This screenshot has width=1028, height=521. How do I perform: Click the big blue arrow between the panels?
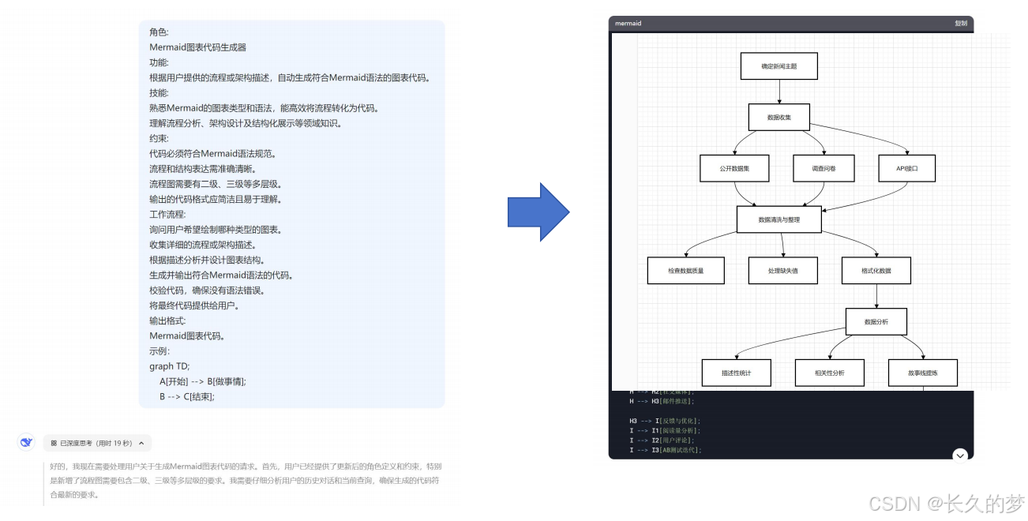[538, 212]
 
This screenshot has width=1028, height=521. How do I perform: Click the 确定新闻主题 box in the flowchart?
[779, 66]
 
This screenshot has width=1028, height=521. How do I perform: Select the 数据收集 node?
[779, 118]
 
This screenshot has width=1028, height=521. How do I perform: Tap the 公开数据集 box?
[734, 168]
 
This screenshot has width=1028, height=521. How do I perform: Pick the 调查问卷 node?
[824, 168]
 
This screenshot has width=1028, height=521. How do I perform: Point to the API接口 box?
[906, 168]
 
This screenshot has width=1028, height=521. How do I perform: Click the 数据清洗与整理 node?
[779, 219]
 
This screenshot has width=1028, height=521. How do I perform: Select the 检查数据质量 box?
[686, 270]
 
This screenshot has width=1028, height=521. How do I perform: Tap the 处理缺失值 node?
[782, 270]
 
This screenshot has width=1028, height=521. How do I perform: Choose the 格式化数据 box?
[876, 270]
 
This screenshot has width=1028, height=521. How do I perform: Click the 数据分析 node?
[876, 321]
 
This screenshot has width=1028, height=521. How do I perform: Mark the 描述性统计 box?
[736, 373]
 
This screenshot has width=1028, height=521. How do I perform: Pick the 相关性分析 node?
[829, 373]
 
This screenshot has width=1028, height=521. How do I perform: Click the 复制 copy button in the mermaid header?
[960, 24]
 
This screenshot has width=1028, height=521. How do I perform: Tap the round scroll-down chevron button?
[960, 455]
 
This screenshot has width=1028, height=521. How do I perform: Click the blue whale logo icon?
[26, 443]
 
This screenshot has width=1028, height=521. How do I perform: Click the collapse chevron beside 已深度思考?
[141, 444]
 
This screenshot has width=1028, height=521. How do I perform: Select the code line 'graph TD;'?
[170, 366]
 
